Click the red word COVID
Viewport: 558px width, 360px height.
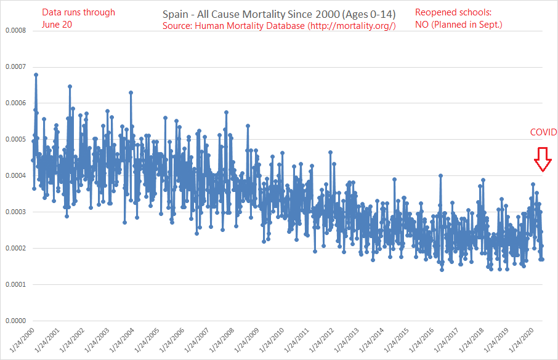[x=543, y=132]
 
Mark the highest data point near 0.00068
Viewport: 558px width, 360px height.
[x=36, y=74]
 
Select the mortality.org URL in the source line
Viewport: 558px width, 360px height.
[x=352, y=25]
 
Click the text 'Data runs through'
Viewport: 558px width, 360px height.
[x=78, y=12]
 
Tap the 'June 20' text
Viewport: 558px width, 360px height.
[x=59, y=25]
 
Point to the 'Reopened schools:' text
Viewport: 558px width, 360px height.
[x=449, y=12]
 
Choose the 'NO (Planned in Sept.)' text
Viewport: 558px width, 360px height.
[x=458, y=25]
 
